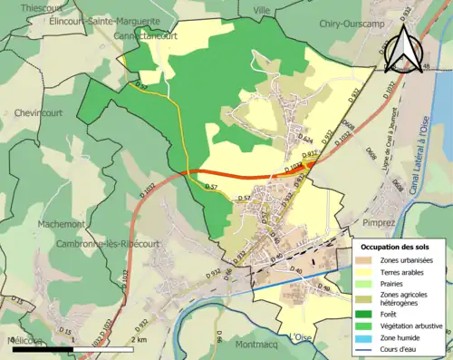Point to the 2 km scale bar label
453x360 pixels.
(x=139, y=340)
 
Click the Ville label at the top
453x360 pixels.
(x=262, y=9)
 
